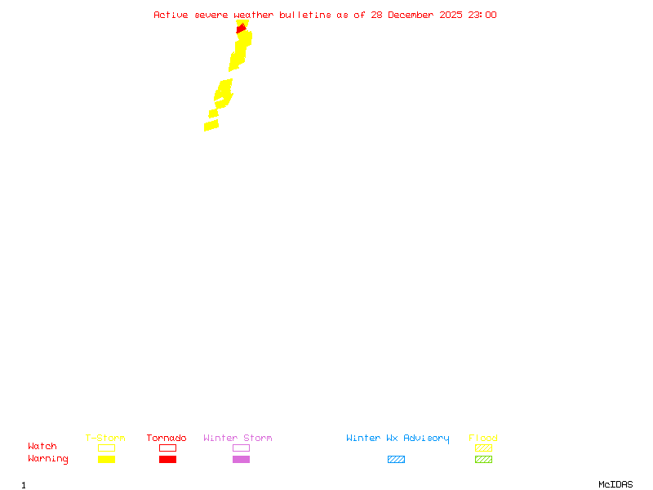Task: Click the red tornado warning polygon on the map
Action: pyautogui.click(x=241, y=29)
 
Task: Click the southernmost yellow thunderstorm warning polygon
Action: pyautogui.click(x=211, y=126)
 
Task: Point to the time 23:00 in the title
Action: pyautogui.click(x=482, y=15)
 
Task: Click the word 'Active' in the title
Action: pyautogui.click(x=171, y=15)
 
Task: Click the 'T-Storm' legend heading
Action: pyautogui.click(x=105, y=439)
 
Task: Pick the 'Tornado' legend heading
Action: pyautogui.click(x=167, y=439)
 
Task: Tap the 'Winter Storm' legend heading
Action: pyautogui.click(x=238, y=439)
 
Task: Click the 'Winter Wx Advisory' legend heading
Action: pyautogui.click(x=398, y=439)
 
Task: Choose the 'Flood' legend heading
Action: pyautogui.click(x=483, y=439)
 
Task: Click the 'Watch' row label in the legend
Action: pyautogui.click(x=42, y=447)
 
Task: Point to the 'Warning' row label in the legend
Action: pyautogui.click(x=48, y=459)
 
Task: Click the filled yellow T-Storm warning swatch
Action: pyautogui.click(x=106, y=460)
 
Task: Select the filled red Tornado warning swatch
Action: pyautogui.click(x=167, y=460)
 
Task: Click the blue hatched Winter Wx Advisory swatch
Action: pyautogui.click(x=396, y=460)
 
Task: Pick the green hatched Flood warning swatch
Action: pyautogui.click(x=483, y=460)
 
